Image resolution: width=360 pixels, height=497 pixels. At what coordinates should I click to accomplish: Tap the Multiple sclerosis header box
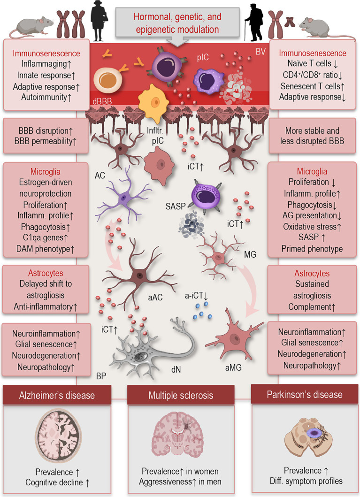coord(180,396)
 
